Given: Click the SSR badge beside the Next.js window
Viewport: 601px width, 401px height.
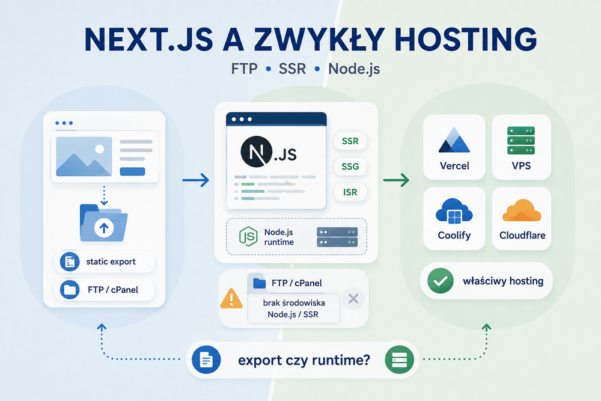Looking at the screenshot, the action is point(350,141).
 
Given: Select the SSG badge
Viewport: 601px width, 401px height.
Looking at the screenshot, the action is point(350,167).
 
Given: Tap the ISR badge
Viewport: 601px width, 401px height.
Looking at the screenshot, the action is point(350,192).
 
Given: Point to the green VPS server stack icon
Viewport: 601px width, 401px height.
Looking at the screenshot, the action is point(521,140).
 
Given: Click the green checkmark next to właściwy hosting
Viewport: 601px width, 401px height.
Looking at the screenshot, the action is point(441,281).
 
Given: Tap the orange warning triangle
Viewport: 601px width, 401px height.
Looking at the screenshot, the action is point(231,298).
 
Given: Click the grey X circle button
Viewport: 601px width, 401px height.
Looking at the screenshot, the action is point(353,298).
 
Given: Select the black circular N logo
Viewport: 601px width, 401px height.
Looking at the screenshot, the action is point(257,152).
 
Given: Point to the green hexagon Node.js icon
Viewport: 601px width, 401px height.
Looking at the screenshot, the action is point(248,236).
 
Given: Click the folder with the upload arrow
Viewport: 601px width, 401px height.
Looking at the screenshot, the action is point(103,223).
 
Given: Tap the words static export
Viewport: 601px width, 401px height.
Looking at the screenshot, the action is point(111,262).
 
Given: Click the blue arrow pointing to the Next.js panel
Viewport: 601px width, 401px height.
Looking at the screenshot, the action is point(195,180).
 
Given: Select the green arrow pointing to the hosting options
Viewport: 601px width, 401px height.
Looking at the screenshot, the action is point(396,180).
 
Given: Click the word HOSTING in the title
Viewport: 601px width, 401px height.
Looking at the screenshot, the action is point(465,39).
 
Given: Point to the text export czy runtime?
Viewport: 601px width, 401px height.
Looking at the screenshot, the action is point(304,360).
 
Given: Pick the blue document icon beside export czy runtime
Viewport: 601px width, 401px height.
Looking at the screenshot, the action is point(206,360).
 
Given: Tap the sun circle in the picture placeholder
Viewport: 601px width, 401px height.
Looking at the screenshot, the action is point(100,148).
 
